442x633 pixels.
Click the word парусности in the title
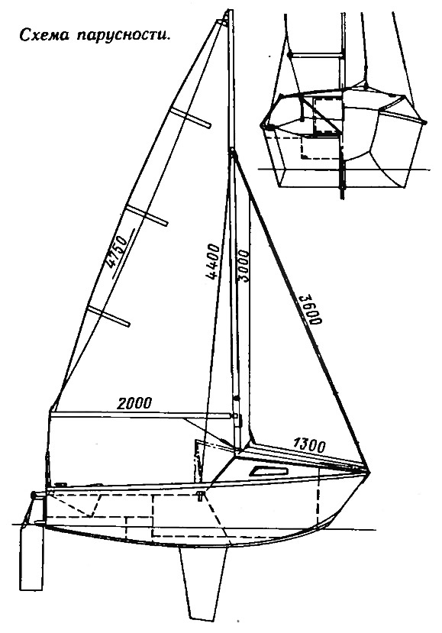[121, 37]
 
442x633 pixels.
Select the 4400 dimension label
[212, 262]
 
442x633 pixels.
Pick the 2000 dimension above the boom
[134, 403]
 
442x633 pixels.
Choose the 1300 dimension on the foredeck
[309, 445]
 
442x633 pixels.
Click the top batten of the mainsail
[191, 118]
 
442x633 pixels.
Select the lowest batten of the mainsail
[109, 316]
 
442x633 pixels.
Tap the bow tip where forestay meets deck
[369, 472]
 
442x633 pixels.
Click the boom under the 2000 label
[143, 415]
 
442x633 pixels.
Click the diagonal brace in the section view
[322, 116]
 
